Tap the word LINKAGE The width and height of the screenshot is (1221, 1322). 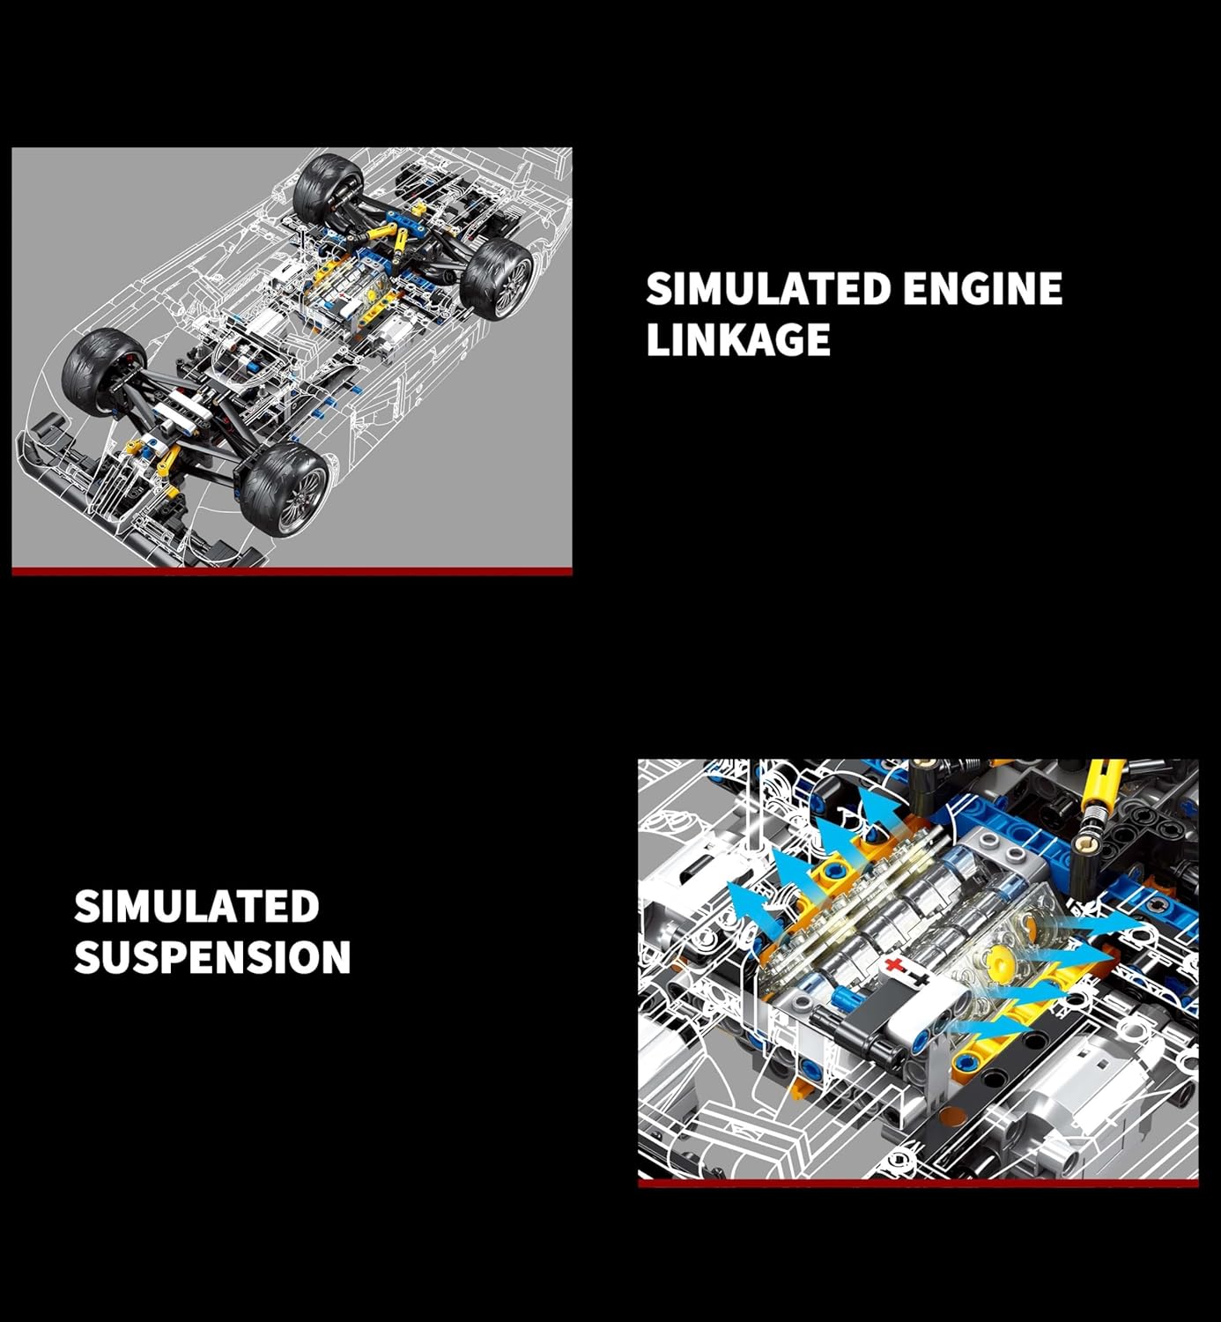pyautogui.click(x=738, y=338)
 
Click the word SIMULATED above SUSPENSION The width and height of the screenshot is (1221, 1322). pyautogui.click(x=197, y=906)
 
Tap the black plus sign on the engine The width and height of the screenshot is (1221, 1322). pyautogui.click(x=918, y=977)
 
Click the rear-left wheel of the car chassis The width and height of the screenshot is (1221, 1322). pyautogui.click(x=328, y=189)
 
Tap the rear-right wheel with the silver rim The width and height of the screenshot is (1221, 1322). pyautogui.click(x=499, y=279)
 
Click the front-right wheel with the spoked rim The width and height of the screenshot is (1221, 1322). pyautogui.click(x=285, y=489)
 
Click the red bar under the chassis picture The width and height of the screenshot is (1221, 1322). pyautogui.click(x=292, y=571)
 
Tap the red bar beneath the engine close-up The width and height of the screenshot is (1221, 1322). pyautogui.click(x=918, y=1183)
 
